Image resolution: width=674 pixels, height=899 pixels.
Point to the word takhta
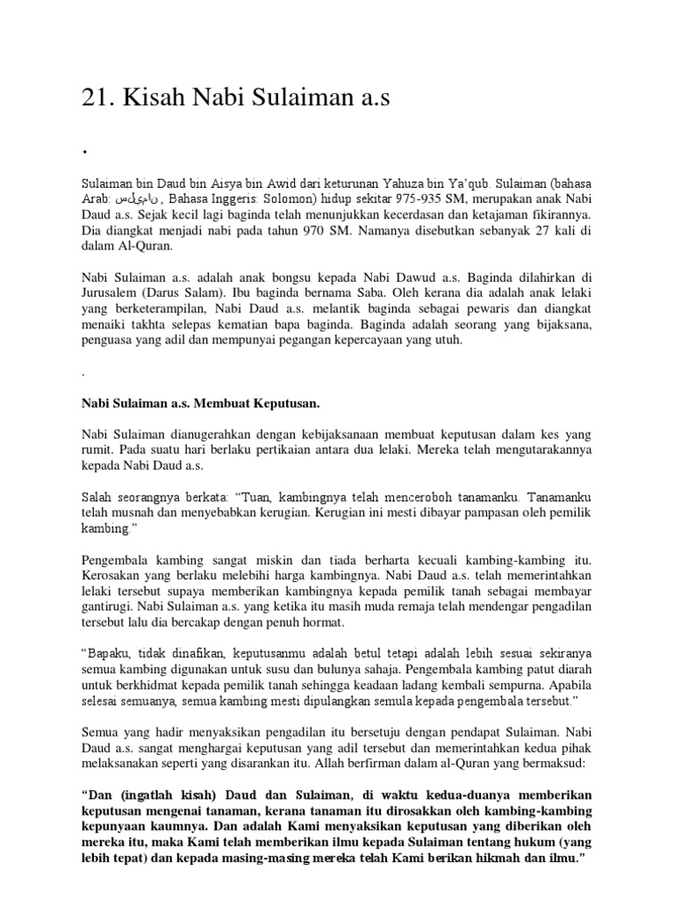[161, 327]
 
